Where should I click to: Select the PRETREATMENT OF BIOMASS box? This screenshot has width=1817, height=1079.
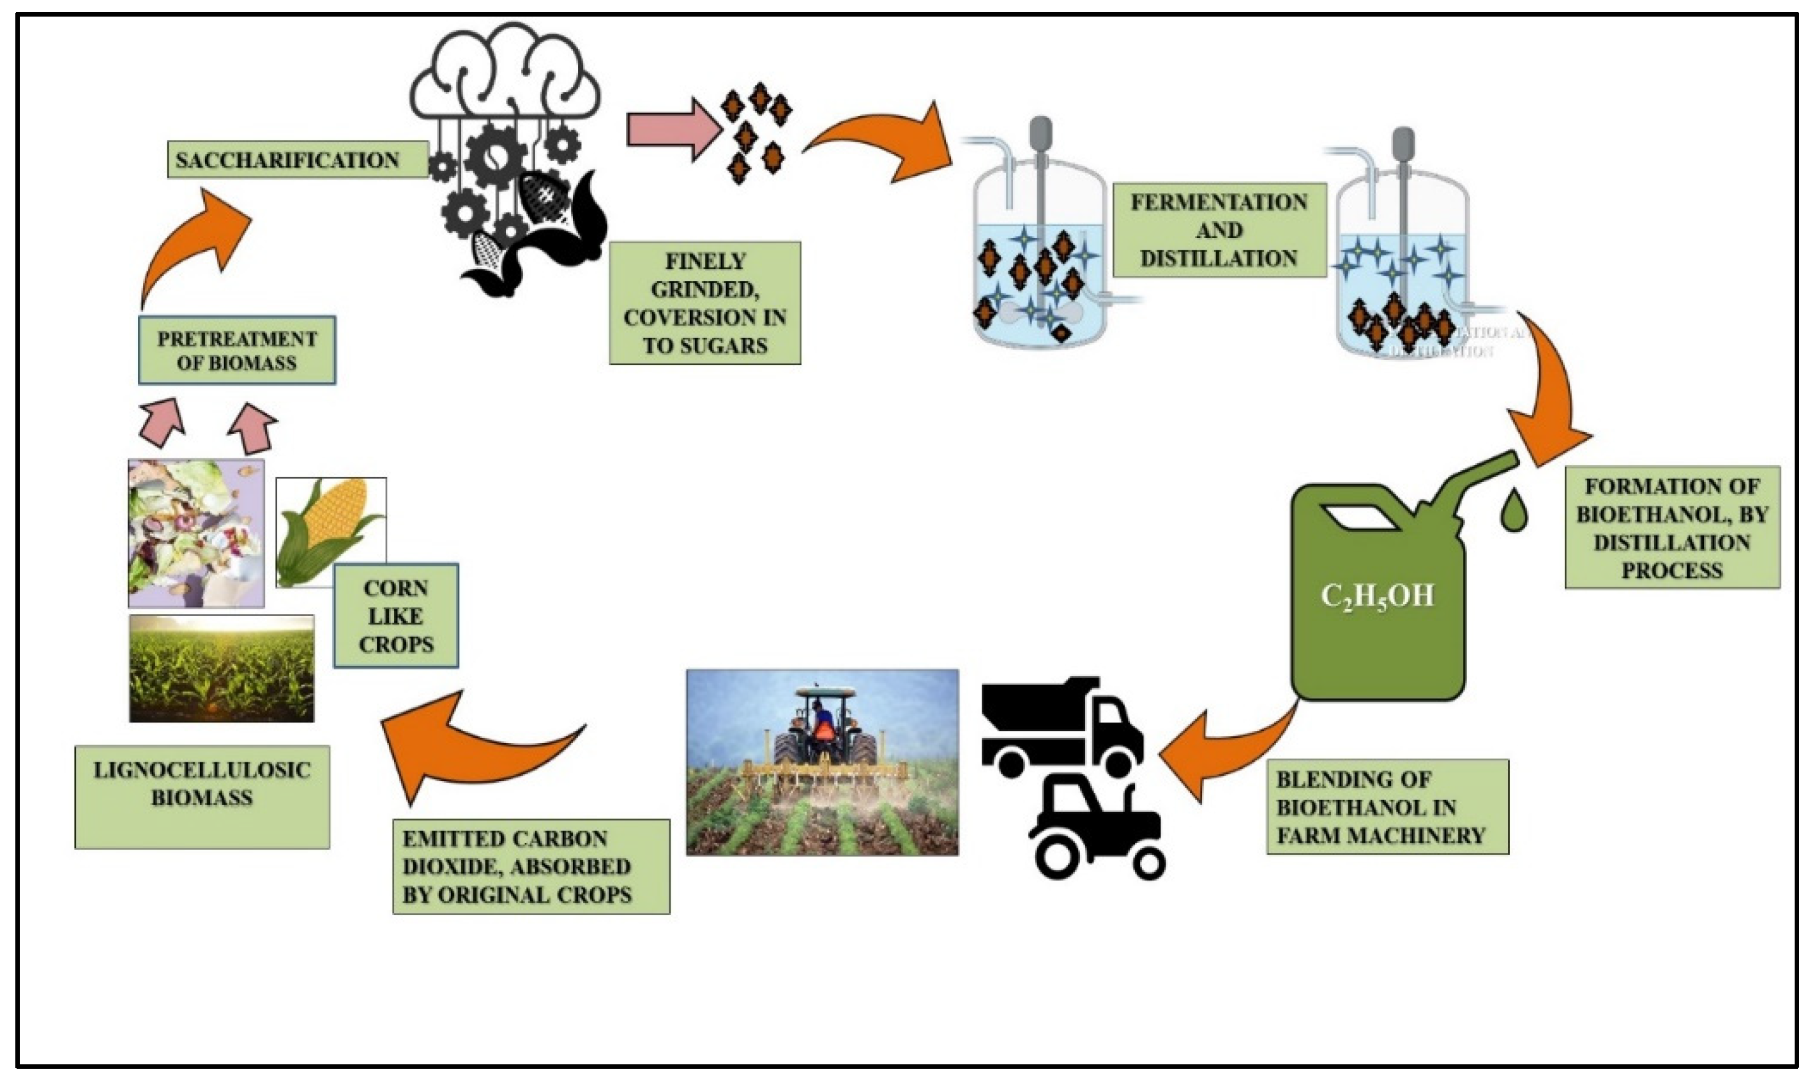point(237,351)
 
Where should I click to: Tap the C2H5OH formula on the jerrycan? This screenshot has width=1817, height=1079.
point(1376,596)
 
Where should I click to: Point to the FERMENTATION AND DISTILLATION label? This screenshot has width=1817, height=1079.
point(1219,230)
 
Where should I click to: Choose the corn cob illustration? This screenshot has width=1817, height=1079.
point(331,531)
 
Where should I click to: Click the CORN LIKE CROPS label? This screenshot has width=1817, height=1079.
point(395,616)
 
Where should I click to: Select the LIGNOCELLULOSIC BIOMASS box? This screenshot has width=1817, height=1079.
point(202,796)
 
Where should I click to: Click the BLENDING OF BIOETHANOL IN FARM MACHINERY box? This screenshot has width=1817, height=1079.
point(1387,807)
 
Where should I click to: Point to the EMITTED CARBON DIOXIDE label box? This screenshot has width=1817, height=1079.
point(531,866)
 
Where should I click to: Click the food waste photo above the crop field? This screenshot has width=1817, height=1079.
point(195,533)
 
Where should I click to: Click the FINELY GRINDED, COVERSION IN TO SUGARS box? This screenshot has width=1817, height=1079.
point(704,303)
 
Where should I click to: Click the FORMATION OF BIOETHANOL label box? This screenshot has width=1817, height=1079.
point(1671,527)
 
